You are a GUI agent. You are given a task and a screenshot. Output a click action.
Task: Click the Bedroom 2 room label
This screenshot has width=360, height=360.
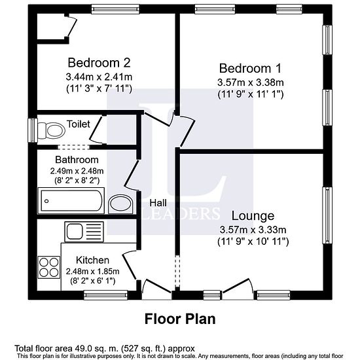click(99, 63)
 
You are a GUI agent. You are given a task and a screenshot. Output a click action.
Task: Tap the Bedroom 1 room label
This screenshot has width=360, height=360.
click(250, 68)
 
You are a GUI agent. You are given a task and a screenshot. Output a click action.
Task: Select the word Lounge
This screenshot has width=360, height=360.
click(253, 215)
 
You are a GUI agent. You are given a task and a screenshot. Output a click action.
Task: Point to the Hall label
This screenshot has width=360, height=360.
click(158, 203)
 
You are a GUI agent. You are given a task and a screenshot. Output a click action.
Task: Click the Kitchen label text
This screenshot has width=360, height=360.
click(92, 260)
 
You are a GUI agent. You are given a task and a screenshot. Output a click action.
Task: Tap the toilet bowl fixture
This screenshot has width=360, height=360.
click(51, 131)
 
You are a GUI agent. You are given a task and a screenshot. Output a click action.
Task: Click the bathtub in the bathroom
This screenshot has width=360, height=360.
click(71, 201)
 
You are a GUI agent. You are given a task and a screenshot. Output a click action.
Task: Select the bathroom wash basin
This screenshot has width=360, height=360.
click(121, 204)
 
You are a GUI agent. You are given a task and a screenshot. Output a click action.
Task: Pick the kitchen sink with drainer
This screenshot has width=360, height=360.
click(84, 232)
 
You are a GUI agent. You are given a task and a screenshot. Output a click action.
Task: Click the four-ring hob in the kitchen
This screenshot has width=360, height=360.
click(49, 267)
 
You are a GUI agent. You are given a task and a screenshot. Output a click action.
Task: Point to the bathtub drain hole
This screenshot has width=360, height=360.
click(46, 201)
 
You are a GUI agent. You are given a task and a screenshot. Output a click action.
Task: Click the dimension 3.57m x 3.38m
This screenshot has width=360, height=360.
click(251, 82)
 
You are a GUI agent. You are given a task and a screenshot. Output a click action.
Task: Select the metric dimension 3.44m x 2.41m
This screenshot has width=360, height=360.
click(99, 77)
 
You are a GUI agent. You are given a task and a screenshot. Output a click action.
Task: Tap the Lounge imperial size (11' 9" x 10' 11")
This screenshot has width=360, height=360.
click(253, 242)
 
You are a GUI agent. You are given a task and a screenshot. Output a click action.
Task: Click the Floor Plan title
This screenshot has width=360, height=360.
click(180, 319)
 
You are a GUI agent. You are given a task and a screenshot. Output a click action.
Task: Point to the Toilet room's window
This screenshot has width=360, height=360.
click(33, 130)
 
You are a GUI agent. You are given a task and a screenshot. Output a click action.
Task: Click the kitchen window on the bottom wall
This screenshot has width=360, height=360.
click(105, 295)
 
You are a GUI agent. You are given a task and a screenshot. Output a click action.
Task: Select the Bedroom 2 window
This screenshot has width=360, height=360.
click(115, 9)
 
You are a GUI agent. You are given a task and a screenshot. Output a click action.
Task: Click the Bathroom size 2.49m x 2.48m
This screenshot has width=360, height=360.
click(77, 171)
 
